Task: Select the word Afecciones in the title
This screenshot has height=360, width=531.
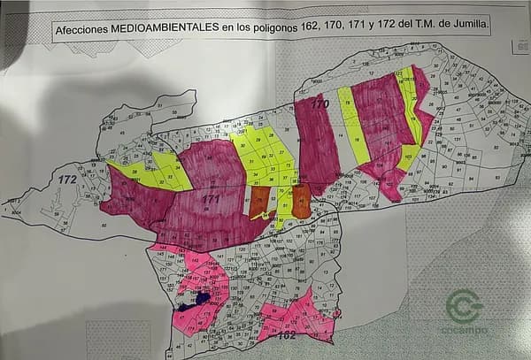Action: click(81, 29)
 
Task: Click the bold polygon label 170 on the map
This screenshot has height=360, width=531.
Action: click(319, 104)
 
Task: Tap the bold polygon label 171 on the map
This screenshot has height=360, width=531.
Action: click(210, 198)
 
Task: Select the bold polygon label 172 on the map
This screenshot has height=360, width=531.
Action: click(66, 180)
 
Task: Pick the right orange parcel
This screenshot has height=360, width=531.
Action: click(301, 201)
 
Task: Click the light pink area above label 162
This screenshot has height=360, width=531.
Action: click(296, 314)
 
